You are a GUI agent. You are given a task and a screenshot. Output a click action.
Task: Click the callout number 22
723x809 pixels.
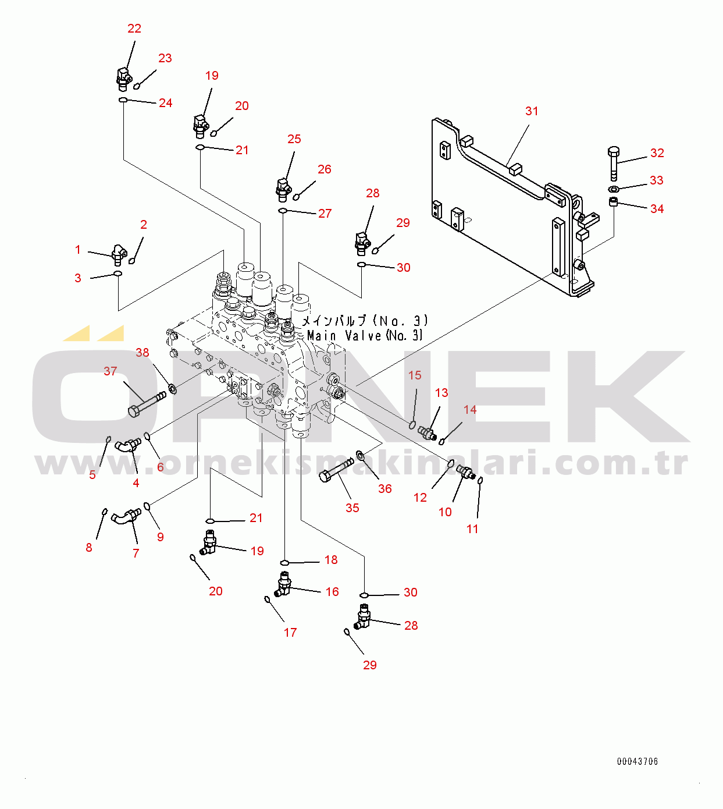[134, 29]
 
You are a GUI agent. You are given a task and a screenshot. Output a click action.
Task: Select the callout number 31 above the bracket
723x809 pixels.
[532, 111]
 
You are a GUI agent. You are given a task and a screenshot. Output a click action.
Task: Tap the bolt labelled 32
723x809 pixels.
[614, 164]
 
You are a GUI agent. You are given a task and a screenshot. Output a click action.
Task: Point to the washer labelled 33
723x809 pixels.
[613, 188]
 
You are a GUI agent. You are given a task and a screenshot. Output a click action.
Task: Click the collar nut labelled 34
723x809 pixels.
[614, 201]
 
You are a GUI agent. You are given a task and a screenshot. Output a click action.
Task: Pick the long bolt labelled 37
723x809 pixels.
[147, 404]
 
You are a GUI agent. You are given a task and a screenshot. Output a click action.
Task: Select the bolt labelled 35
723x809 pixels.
[336, 470]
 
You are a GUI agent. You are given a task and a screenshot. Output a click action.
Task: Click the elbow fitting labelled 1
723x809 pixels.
[118, 254]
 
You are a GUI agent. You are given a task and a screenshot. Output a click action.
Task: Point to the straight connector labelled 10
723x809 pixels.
[466, 471]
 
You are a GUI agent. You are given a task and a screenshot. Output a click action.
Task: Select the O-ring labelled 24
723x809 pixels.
[123, 100]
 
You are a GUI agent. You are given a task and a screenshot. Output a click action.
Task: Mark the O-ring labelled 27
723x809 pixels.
[283, 211]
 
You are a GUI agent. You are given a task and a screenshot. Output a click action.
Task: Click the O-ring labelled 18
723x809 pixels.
[284, 563]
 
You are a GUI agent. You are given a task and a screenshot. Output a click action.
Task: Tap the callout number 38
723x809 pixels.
[143, 353]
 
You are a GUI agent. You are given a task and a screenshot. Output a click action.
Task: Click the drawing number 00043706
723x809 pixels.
[637, 761]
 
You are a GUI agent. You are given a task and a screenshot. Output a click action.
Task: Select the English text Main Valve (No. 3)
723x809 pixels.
[364, 335]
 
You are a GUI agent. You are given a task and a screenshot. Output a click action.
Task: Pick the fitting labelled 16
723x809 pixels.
[283, 584]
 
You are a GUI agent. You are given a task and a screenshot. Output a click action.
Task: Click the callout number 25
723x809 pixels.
[294, 139]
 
